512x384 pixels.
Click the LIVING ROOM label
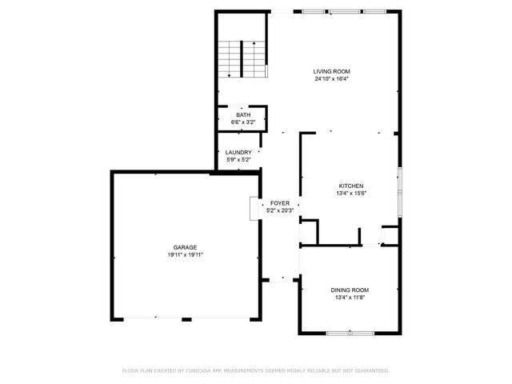tap(331, 71)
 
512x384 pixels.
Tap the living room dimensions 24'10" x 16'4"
tap(331, 79)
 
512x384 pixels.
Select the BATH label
tap(242, 115)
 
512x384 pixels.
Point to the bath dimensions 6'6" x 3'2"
tap(242, 122)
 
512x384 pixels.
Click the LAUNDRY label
tap(238, 152)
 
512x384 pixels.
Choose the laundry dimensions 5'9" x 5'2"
tap(238, 160)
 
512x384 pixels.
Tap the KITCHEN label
tap(351, 185)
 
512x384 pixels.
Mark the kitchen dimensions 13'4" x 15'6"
tap(351, 193)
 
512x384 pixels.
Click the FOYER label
tap(279, 203)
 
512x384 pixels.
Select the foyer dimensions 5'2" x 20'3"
tap(279, 210)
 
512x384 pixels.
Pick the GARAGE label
tap(186, 247)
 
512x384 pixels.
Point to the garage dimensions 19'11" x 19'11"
tap(186, 254)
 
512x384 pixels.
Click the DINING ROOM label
tap(350, 290)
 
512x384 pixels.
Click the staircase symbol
tap(242, 58)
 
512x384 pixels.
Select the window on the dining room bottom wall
tap(350, 331)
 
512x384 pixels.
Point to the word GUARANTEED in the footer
tap(370, 370)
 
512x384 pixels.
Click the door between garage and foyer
tap(256, 207)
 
